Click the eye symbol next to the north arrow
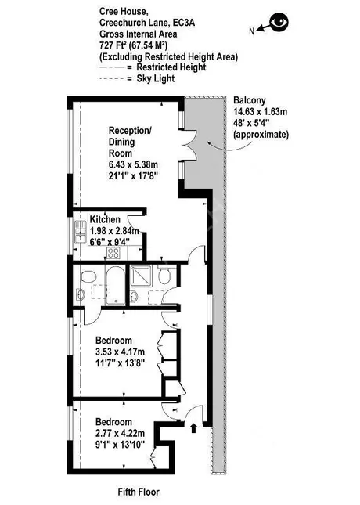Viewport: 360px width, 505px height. tap(279, 22)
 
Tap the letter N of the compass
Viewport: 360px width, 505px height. tap(252, 31)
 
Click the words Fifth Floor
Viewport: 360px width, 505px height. tap(139, 492)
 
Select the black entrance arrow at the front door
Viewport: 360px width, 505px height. tap(193, 428)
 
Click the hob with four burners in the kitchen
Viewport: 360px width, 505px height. tap(113, 253)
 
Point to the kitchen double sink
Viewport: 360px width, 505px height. tap(80, 232)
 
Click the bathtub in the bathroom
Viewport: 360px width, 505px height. tap(115, 285)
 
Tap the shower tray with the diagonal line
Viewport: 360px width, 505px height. tap(141, 276)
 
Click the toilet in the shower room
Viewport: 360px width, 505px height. tap(164, 275)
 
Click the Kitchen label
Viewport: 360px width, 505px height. tap(105, 220)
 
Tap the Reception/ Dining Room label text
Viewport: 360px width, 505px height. tap(130, 142)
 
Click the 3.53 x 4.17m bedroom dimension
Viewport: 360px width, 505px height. tap(120, 352)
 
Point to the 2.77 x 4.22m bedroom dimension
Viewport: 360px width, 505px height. tap(120, 433)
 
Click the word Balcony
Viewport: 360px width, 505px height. tap(250, 100)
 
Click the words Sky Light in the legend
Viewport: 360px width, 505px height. tap(156, 78)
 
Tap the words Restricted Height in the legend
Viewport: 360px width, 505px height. tap(171, 67)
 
